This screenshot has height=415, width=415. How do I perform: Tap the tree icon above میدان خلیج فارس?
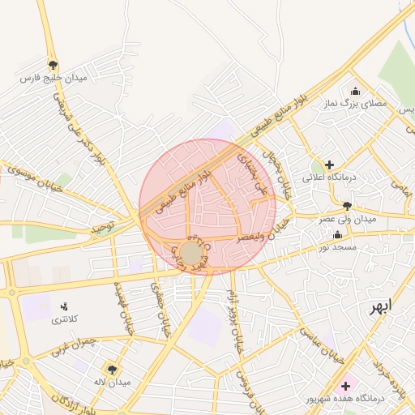click(x=53, y=65)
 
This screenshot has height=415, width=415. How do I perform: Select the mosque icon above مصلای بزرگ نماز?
click(x=354, y=91)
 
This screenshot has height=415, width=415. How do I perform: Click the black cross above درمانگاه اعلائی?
click(x=329, y=165)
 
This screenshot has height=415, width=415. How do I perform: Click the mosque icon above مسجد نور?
click(x=337, y=235)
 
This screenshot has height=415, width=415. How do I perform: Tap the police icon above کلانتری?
click(x=64, y=306)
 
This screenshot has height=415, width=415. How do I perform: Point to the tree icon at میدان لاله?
click(x=111, y=369)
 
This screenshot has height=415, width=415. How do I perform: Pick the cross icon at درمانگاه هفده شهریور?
click(x=347, y=385)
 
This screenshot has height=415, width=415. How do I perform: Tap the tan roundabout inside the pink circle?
click(x=191, y=254)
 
